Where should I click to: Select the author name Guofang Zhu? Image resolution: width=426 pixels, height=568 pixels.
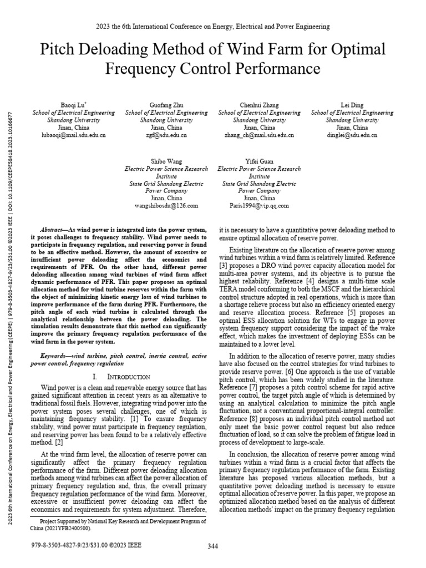click(x=166, y=105)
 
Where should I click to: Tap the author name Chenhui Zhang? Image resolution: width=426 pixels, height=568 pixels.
click(x=259, y=105)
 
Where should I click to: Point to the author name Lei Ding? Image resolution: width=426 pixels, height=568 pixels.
click(x=352, y=105)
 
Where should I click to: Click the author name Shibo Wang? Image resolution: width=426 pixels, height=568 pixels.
click(x=166, y=161)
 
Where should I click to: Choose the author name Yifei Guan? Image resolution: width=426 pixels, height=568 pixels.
click(x=259, y=161)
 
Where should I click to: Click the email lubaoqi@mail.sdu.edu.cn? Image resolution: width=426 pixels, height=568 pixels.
click(x=73, y=135)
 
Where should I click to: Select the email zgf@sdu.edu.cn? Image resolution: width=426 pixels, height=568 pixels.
click(x=166, y=135)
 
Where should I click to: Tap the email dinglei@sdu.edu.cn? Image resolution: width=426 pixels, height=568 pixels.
click(x=352, y=135)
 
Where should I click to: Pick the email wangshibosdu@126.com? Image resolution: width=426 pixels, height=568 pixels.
click(x=166, y=206)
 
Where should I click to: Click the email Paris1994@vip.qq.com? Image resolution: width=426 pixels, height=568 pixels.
click(x=259, y=206)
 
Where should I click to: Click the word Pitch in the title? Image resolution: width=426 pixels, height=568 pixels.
click(x=59, y=50)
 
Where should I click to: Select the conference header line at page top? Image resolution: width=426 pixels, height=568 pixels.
click(x=213, y=26)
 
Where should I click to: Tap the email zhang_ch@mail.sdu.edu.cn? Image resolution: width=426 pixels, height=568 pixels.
click(x=259, y=135)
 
